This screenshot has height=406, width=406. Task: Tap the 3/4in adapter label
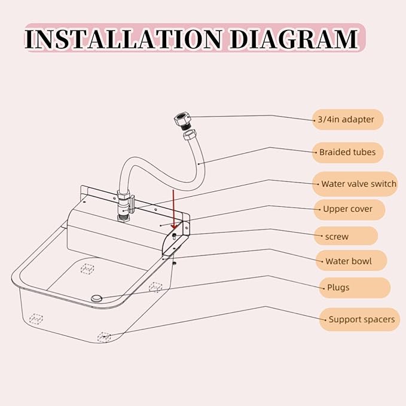click(347, 120)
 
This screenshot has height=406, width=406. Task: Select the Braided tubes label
click(347, 152)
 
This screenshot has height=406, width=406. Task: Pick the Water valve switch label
click(358, 184)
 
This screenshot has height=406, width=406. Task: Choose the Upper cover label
click(347, 209)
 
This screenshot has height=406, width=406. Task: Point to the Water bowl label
click(348, 261)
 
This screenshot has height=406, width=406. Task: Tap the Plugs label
click(338, 288)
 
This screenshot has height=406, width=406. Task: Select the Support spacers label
click(361, 319)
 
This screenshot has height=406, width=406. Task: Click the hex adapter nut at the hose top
click(182, 120)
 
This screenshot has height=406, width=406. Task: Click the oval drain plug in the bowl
click(97, 297)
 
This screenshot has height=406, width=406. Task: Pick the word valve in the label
click(359, 184)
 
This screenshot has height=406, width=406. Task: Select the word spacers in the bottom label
click(379, 319)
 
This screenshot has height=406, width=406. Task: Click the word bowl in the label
click(361, 261)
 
